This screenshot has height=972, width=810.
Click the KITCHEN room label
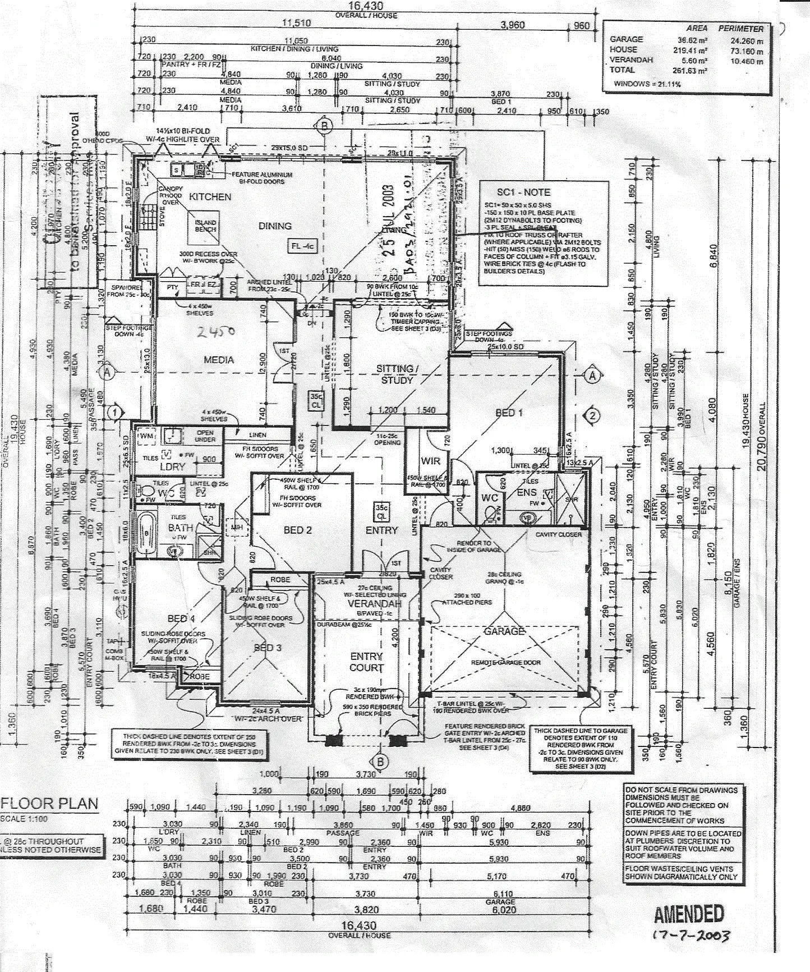click(210, 197)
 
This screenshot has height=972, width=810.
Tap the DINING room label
click(275, 226)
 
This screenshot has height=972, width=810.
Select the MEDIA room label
click(219, 360)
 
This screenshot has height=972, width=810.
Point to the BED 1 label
click(509, 413)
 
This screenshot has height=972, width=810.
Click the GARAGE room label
click(504, 631)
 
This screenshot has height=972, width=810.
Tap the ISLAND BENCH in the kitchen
click(205, 226)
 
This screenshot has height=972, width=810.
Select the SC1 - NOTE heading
click(523, 192)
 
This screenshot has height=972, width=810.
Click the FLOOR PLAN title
click(50, 804)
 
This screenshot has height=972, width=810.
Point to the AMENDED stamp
click(689, 915)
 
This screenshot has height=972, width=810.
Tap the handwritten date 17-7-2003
click(691, 936)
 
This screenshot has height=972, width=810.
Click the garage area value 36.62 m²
click(692, 40)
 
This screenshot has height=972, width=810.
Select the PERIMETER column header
click(740, 29)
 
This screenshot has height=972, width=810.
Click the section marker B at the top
click(324, 126)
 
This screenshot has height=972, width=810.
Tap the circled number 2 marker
click(592, 415)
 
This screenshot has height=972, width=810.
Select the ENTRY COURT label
click(366, 662)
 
